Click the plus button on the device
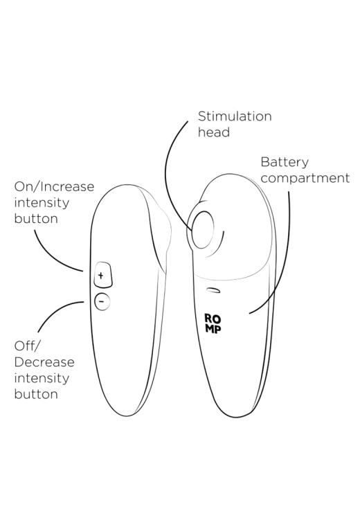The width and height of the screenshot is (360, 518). click(103, 275)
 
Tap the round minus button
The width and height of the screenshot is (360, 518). click(102, 301)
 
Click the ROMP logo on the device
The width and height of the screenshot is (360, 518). click(213, 323)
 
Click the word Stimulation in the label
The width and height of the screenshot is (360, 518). click(235, 116)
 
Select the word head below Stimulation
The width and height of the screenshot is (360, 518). click(214, 132)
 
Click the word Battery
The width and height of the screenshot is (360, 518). click(285, 163)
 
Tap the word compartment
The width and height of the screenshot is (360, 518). click(305, 178)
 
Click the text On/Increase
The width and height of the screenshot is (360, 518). click(54, 187)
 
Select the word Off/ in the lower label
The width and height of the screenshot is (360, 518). click(27, 346)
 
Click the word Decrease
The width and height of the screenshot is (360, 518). click(44, 362)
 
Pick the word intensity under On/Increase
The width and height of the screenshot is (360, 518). click(42, 202)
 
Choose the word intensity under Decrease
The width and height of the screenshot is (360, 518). click(42, 378)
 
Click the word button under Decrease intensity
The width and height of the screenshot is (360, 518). click(36, 394)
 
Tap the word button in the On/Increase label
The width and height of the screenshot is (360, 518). click(36, 218)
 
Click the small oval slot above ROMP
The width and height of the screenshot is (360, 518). click(213, 289)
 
